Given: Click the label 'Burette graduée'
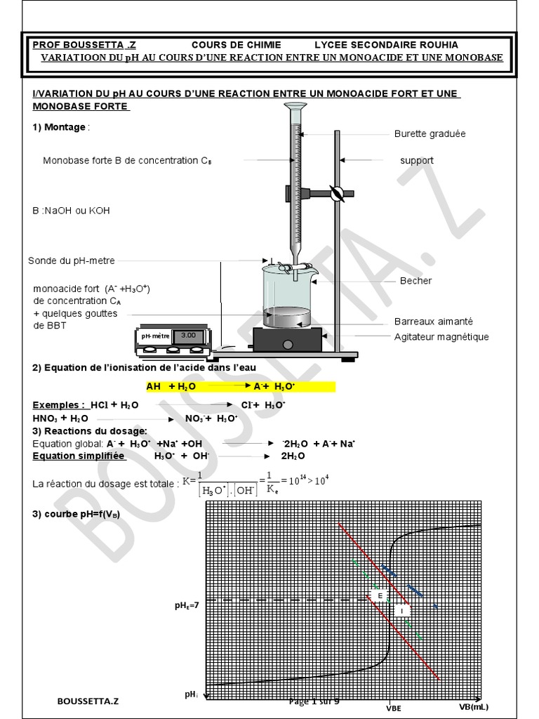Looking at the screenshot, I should (x=430, y=133).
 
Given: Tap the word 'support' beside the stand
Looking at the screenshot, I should (x=416, y=160).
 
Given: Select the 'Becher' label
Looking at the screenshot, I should (x=415, y=281).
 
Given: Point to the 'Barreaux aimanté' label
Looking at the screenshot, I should (x=433, y=321).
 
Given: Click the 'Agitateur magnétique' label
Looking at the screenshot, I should (x=441, y=336).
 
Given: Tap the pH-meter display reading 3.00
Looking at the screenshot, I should (x=188, y=336).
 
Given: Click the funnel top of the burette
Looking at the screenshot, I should (x=295, y=107).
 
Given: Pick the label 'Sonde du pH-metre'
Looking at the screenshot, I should (x=72, y=260).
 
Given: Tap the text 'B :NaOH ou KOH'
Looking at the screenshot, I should (x=71, y=210).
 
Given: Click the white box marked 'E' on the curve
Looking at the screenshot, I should (x=380, y=596).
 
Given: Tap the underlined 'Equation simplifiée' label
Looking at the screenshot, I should (x=79, y=456).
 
